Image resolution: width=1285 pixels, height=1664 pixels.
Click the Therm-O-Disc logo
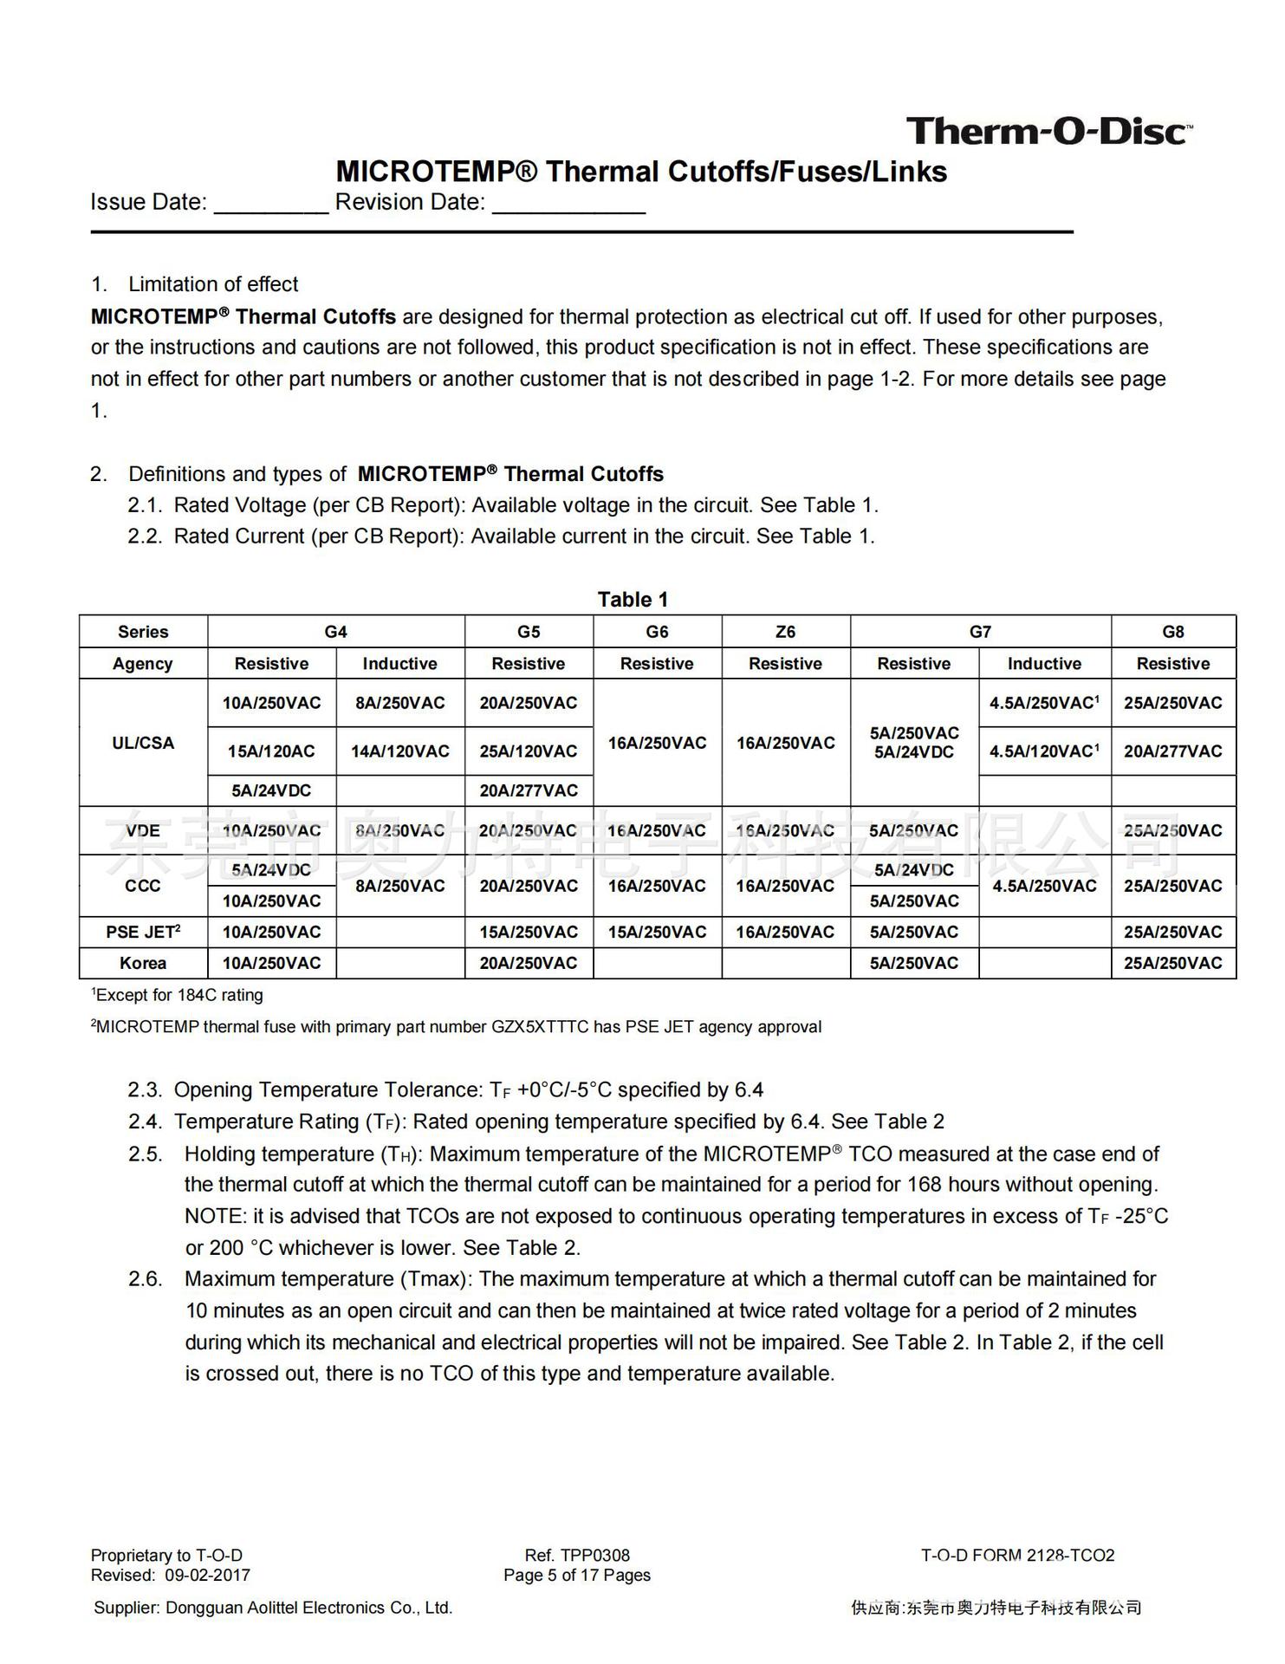tap(1048, 132)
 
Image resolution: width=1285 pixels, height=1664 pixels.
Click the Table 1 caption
tap(633, 600)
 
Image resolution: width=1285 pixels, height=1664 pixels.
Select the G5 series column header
tap(529, 632)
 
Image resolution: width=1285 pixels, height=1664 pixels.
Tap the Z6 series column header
tap(785, 632)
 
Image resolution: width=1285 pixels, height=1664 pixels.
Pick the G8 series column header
tap(1172, 632)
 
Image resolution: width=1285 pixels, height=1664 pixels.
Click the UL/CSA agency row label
tap(143, 743)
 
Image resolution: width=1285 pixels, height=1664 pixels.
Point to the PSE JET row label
tap(143, 932)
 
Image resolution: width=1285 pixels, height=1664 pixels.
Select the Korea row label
tap(143, 963)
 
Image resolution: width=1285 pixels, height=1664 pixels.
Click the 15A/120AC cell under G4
tap(271, 751)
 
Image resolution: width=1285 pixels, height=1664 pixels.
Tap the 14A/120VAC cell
tap(399, 751)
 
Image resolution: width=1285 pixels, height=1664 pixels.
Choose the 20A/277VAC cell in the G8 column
tap(1172, 751)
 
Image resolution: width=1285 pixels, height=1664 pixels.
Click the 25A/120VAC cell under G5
tap(529, 751)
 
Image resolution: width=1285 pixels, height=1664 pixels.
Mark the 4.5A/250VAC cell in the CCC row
tap(1044, 886)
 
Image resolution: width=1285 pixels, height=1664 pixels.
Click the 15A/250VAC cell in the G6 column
tap(657, 932)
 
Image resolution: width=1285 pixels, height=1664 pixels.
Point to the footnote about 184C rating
tap(178, 995)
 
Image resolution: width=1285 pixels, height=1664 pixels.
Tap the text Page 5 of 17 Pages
tap(577, 1575)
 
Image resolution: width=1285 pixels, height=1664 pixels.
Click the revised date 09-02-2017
tap(207, 1575)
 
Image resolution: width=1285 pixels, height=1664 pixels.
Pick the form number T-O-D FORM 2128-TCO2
tap(1017, 1555)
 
